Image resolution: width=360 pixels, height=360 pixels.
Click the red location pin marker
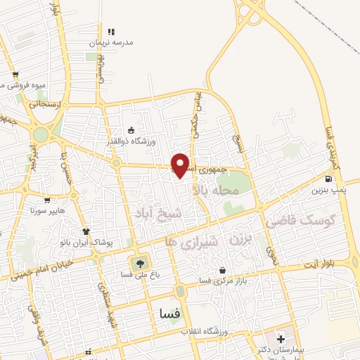point(181,165)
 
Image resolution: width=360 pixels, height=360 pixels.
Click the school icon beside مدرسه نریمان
point(110,31)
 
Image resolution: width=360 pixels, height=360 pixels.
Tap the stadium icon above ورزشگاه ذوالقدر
point(131,130)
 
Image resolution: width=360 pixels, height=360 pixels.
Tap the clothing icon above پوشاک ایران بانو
point(86,231)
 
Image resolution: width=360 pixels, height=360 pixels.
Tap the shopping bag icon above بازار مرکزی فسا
point(223,270)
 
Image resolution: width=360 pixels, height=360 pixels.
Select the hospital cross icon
point(281,339)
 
